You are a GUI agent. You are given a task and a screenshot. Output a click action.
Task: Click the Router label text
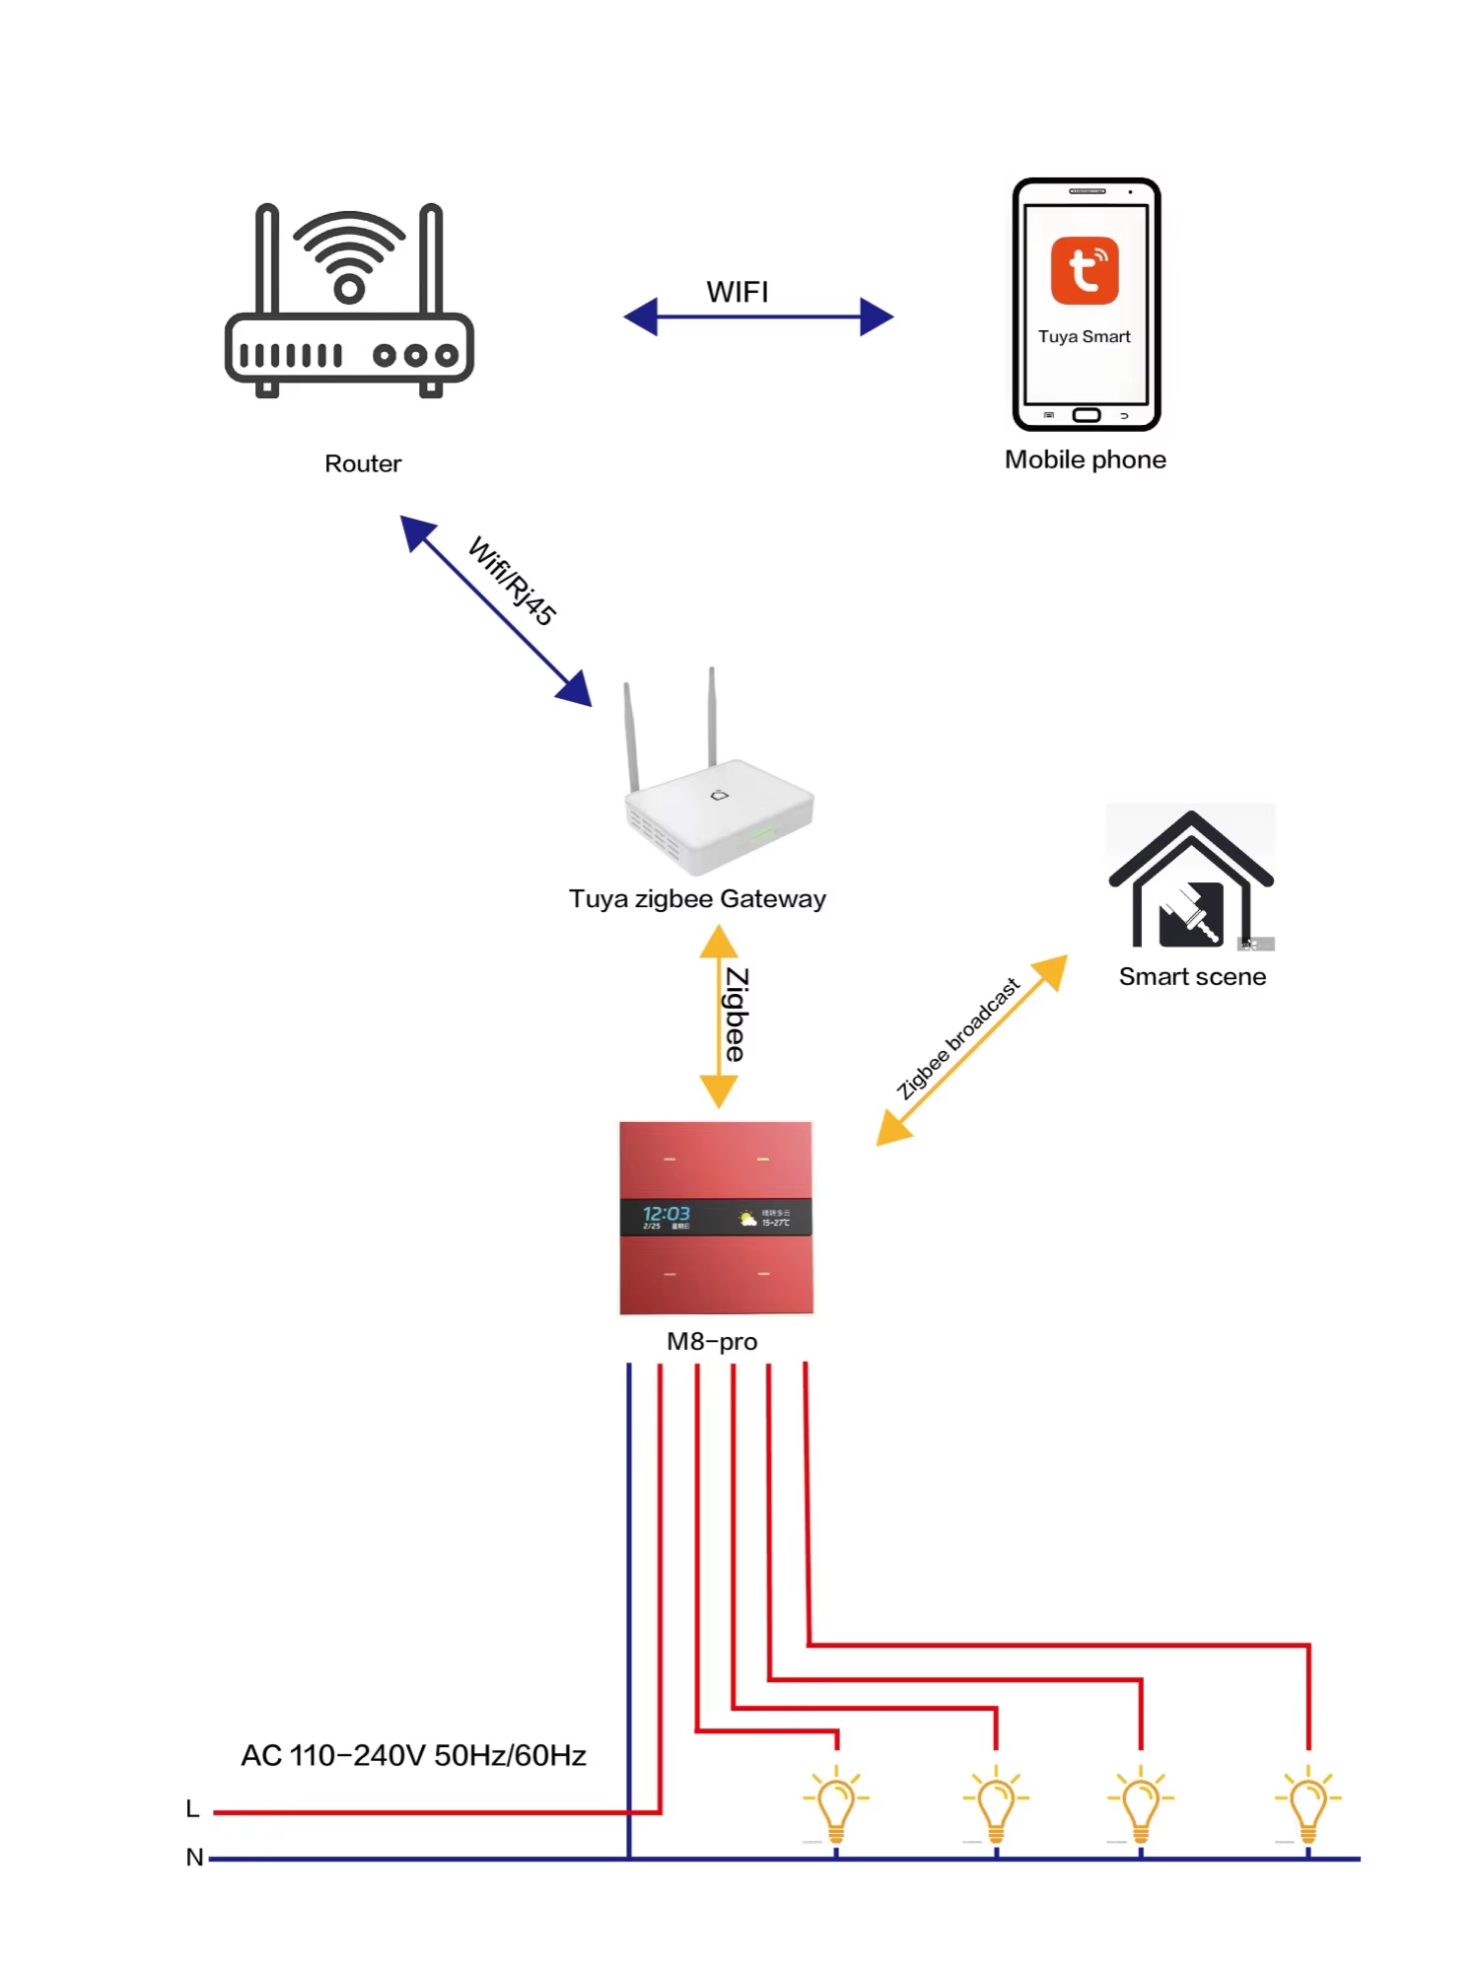point(363,463)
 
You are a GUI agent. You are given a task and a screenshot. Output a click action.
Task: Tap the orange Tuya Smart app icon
point(1085,270)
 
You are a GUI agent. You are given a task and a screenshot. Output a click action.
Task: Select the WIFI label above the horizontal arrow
point(738,292)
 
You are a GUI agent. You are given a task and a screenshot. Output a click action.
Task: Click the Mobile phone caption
point(1085,459)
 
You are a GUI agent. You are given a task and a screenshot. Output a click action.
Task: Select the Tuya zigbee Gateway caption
point(697,898)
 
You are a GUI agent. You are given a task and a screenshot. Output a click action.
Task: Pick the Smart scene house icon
point(1191,879)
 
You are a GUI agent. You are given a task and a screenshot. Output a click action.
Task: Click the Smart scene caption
point(1192,976)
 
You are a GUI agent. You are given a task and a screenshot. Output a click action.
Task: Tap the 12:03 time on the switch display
point(667,1213)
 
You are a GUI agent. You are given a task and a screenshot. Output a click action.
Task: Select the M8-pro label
point(712,1341)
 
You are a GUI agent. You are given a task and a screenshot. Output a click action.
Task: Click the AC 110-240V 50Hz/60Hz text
point(414,1755)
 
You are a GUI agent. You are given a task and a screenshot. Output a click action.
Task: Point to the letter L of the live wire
point(193,1808)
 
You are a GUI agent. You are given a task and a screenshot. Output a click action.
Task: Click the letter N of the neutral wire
point(194,1857)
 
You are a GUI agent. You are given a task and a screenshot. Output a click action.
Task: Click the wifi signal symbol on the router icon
point(349,256)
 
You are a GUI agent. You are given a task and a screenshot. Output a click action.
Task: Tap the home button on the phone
point(1087,415)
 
